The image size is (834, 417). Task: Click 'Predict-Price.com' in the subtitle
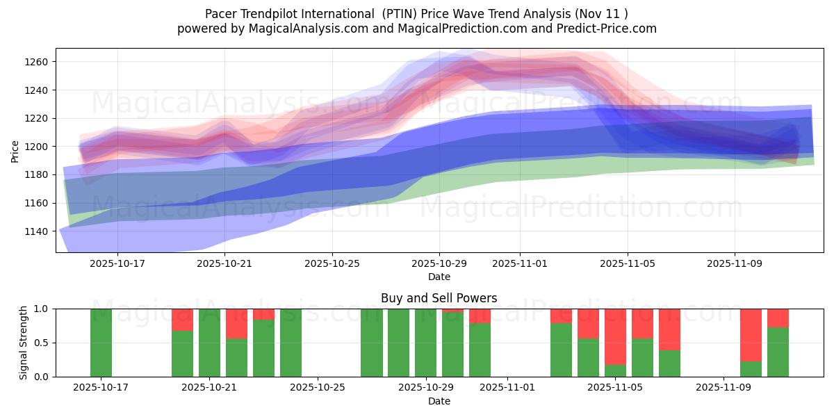pyautogui.click(x=609, y=28)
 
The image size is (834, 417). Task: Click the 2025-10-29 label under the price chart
pyautogui.click(x=439, y=264)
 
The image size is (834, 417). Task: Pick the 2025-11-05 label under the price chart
pyautogui.click(x=628, y=264)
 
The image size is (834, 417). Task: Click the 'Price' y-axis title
pyautogui.click(x=15, y=150)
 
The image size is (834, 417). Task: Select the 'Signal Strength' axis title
pyautogui.click(x=24, y=343)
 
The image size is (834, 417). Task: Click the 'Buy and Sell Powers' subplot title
pyautogui.click(x=439, y=298)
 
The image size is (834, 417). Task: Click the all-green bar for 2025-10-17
pyautogui.click(x=101, y=343)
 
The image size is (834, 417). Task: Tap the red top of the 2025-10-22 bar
pyautogui.click(x=236, y=323)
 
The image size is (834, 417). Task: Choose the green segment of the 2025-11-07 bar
pyautogui.click(x=669, y=363)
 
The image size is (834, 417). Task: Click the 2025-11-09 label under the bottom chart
pyautogui.click(x=723, y=388)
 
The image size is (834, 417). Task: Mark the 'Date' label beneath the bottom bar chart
pyautogui.click(x=439, y=401)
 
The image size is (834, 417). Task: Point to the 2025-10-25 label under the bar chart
pyautogui.click(x=318, y=388)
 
